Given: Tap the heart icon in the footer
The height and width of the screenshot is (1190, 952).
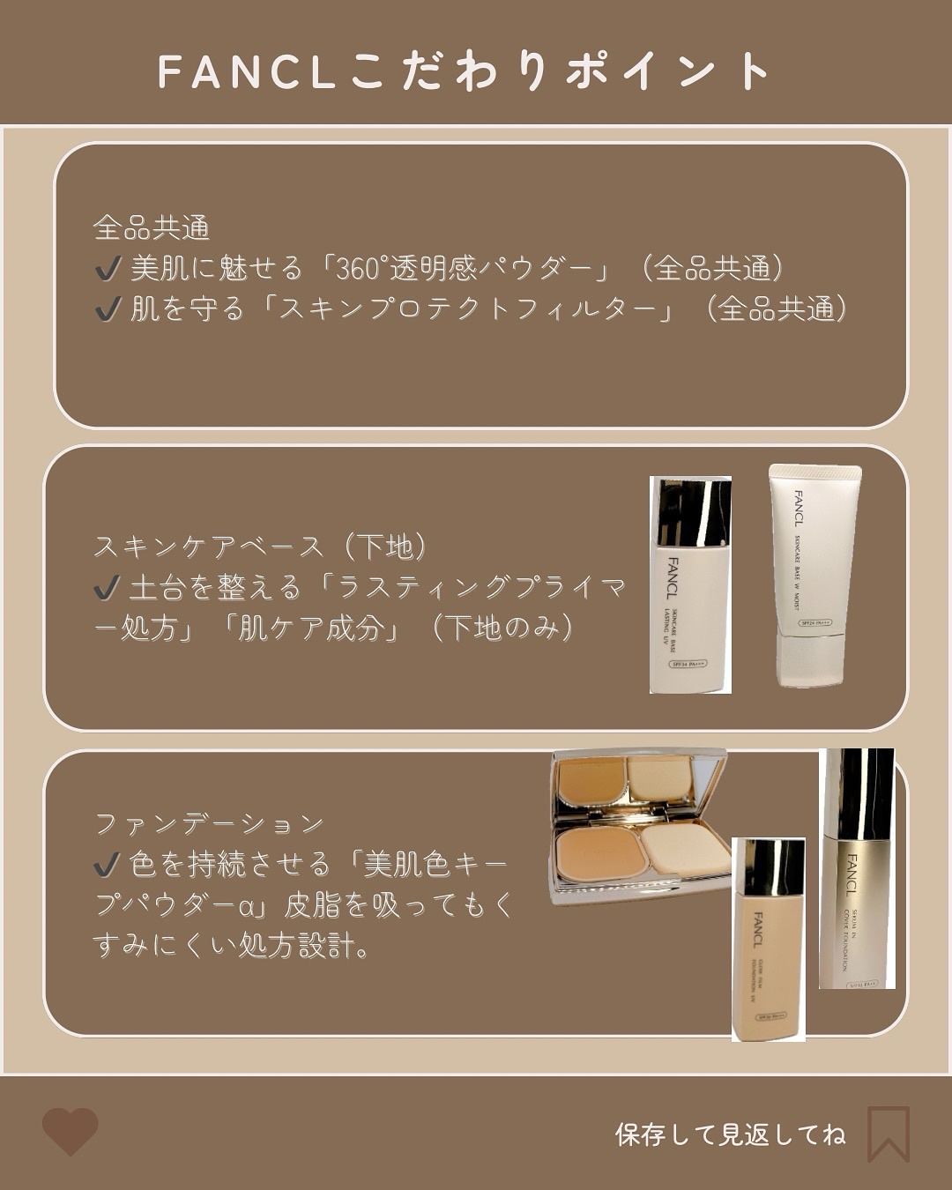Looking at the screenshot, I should coord(71,1131).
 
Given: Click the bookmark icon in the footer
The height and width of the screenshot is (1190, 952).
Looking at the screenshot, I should coord(888,1133).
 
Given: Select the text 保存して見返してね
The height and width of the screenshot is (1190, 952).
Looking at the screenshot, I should coord(730,1134).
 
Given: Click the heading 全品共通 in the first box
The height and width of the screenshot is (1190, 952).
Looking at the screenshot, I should coord(151,228).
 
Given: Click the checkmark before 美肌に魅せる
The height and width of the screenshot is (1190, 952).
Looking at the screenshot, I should coord(108,269).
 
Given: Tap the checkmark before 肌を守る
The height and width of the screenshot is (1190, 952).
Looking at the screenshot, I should coord(108,309).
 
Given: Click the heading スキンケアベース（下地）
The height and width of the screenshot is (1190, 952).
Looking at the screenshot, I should coord(261,547).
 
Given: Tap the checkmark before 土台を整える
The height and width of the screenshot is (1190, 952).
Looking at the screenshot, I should coord(108,588).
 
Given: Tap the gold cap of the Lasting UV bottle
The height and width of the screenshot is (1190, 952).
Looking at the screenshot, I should coord(691,511).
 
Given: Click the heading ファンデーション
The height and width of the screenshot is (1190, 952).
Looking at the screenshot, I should coord(209,824).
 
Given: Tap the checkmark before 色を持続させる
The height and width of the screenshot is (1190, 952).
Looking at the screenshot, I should coord(108,865).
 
